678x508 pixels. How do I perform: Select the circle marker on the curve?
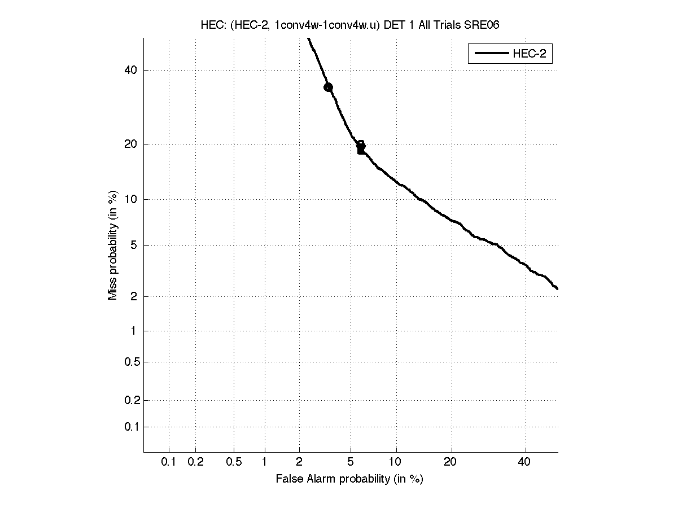[328, 87]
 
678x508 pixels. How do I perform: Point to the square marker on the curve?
[361, 150]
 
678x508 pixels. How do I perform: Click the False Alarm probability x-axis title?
[349, 479]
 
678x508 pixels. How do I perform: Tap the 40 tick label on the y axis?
[130, 71]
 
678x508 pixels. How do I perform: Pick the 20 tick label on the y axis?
[130, 144]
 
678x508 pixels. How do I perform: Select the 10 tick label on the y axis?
[130, 199]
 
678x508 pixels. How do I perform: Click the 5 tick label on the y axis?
[133, 246]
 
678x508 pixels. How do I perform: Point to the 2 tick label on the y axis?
[133, 297]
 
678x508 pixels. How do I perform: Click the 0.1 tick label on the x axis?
[169, 462]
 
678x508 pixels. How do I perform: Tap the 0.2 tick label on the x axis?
[195, 462]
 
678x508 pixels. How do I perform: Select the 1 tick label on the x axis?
[265, 462]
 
